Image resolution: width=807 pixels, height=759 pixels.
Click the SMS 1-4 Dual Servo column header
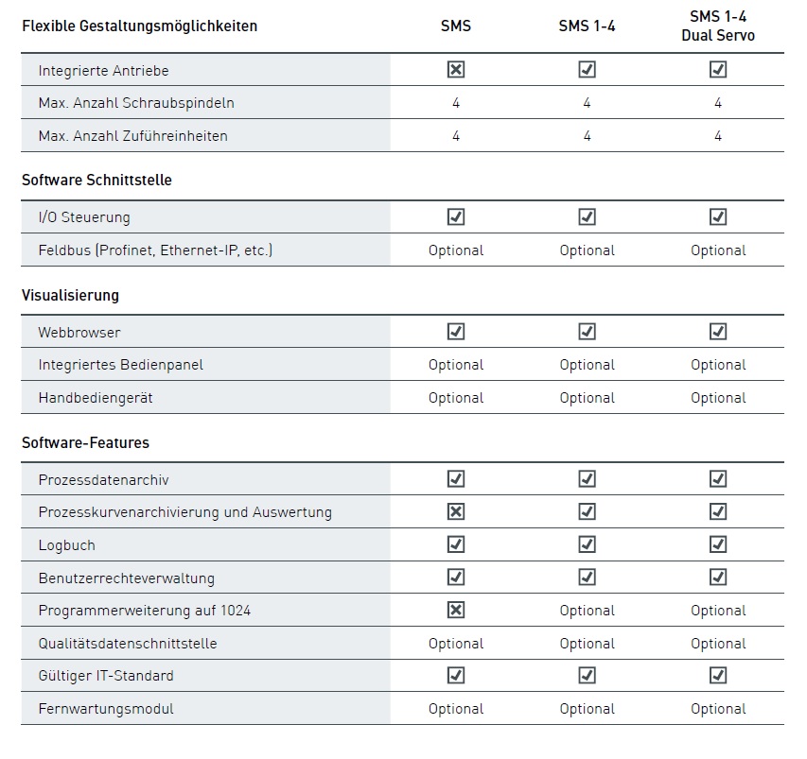coord(718,26)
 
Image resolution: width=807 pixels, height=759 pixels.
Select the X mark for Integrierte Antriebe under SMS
coord(456,69)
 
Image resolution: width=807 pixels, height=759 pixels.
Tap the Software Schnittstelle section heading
coord(96,180)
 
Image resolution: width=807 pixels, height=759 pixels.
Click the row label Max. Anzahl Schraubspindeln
coord(136,103)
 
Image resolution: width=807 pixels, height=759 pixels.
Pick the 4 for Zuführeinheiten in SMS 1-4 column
coord(587,136)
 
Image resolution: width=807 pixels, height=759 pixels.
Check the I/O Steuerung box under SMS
coord(456,217)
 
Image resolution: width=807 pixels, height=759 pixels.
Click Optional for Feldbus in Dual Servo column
coord(718,250)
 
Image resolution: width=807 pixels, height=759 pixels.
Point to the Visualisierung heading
coord(71,295)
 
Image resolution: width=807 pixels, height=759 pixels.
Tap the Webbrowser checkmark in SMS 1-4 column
coord(587,332)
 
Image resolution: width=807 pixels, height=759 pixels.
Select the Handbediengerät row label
coord(96,398)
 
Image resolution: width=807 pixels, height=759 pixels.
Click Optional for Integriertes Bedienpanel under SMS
coord(456,365)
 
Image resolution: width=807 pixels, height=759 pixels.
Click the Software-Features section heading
coord(85,442)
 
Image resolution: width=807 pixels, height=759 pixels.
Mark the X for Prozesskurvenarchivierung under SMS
coord(456,511)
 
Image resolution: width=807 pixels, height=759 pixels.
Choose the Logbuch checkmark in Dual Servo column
coord(718,544)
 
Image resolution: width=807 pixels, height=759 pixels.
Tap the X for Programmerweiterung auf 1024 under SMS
coord(456,610)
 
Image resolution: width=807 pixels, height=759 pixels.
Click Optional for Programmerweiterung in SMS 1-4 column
coord(587,611)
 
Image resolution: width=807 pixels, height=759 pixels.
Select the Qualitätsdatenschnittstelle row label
coord(128,644)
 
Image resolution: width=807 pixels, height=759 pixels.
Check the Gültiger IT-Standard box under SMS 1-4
coord(587,675)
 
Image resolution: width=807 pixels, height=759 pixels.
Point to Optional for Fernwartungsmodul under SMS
coord(456,709)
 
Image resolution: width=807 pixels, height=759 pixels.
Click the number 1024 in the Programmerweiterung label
coord(236,611)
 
